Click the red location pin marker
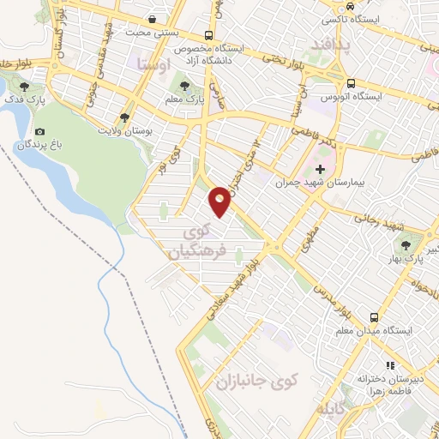click(x=220, y=201)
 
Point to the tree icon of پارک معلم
click(x=183, y=86)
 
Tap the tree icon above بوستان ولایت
click(x=126, y=117)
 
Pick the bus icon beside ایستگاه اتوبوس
click(x=352, y=83)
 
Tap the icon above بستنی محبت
click(x=152, y=18)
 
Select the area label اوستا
click(x=150, y=63)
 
